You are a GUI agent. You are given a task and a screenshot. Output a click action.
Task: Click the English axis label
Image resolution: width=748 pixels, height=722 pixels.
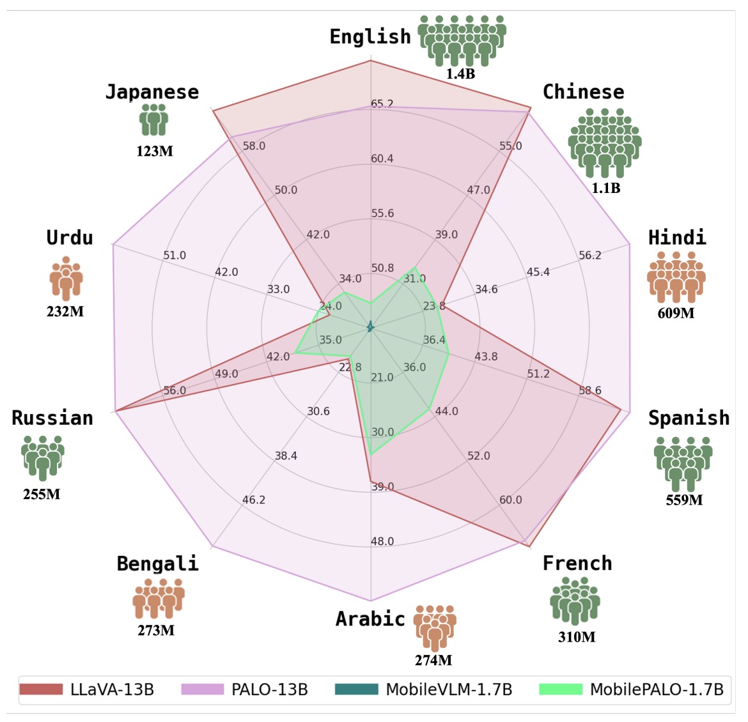(x=370, y=37)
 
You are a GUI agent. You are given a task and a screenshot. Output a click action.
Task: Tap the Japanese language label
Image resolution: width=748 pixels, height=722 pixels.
(x=152, y=92)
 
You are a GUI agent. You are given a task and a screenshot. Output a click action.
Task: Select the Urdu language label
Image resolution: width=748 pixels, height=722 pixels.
(x=70, y=238)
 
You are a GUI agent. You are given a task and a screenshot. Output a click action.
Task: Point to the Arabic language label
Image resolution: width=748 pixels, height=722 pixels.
(x=370, y=618)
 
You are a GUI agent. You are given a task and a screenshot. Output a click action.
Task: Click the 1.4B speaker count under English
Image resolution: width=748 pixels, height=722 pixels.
(x=460, y=73)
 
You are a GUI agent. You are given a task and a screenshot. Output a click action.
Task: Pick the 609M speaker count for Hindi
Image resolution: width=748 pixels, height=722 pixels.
(x=676, y=313)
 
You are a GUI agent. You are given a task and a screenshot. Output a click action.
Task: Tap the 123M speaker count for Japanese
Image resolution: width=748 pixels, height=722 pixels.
(x=154, y=151)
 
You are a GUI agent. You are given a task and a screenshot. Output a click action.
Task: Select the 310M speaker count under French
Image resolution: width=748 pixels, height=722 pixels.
(x=576, y=637)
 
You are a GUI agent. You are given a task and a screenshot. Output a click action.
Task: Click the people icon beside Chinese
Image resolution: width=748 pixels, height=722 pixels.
(x=605, y=142)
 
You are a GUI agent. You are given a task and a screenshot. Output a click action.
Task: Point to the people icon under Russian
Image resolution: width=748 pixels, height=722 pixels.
(x=42, y=457)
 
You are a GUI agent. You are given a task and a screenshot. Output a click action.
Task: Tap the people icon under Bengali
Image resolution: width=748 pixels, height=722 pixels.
(x=158, y=599)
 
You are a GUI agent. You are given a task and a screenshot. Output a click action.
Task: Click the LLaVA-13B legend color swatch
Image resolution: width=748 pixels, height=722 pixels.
(x=41, y=689)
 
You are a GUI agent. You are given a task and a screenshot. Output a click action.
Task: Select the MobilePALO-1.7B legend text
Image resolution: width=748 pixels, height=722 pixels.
(x=657, y=690)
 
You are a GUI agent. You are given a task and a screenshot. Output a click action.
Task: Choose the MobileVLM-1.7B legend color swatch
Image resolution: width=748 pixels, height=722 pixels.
(x=356, y=689)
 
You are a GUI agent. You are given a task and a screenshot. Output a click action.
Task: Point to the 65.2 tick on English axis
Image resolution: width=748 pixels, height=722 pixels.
(x=382, y=104)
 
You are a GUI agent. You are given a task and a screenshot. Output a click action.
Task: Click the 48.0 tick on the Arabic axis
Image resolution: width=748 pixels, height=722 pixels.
(x=382, y=542)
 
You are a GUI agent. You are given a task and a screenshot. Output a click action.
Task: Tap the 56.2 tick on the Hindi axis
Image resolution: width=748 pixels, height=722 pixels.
(x=590, y=256)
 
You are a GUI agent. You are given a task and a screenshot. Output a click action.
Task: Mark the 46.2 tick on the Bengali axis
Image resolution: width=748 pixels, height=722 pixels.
(x=254, y=500)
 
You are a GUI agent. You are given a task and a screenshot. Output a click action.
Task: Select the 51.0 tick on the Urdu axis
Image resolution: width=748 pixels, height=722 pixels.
(x=174, y=256)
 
